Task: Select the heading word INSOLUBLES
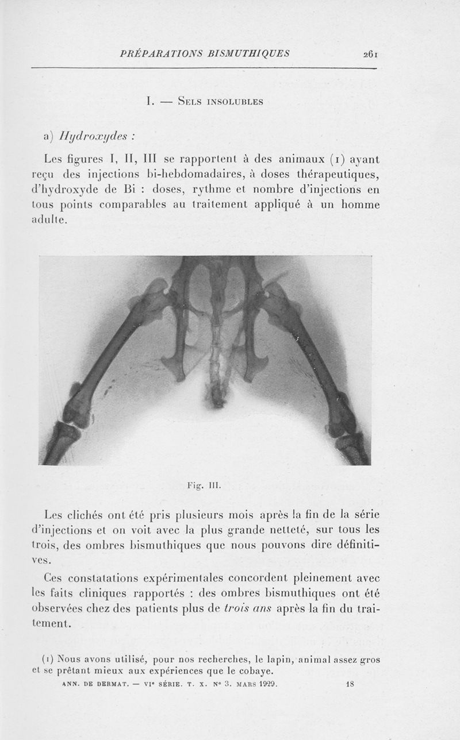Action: coord(232,102)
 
